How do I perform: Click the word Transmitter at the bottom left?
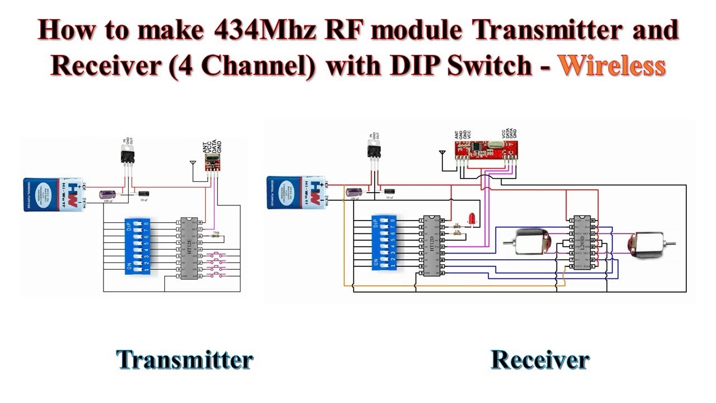(x=185, y=360)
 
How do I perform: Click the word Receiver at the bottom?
(x=540, y=360)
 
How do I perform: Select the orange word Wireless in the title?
(x=612, y=66)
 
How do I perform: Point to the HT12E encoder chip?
(x=189, y=249)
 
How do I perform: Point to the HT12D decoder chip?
(x=431, y=246)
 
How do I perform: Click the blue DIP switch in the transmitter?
(x=137, y=247)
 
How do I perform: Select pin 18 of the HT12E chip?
(x=199, y=222)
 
